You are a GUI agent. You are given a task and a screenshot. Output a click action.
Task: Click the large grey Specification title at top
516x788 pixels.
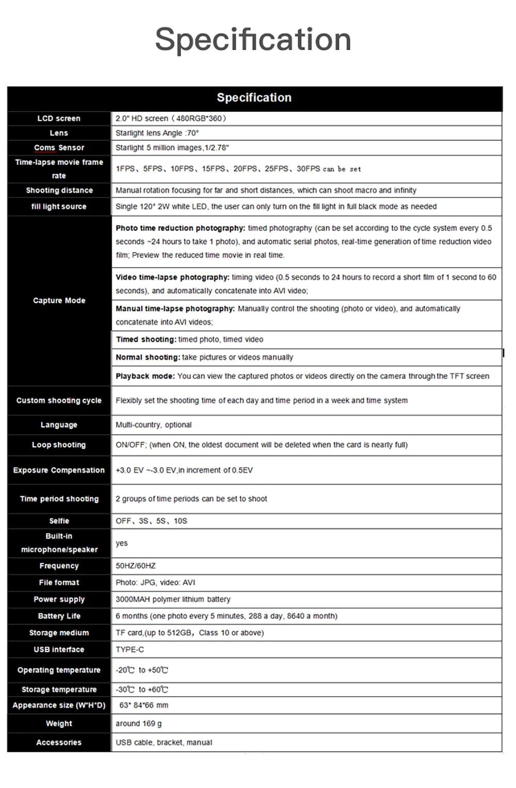click(253, 39)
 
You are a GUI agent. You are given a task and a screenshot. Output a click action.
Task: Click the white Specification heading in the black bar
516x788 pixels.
click(254, 97)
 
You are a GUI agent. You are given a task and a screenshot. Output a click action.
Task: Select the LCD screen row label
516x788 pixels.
click(59, 119)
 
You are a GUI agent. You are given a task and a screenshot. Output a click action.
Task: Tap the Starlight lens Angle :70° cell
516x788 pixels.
click(157, 133)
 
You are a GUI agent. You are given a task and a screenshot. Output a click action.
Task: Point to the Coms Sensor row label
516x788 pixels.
click(59, 147)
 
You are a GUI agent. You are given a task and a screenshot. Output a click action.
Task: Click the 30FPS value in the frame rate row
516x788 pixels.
click(308, 169)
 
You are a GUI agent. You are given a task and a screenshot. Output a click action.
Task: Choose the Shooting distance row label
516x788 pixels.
click(59, 190)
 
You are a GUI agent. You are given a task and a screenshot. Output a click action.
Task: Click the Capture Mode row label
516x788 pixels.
click(59, 301)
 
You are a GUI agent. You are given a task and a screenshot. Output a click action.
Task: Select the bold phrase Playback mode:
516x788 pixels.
click(145, 376)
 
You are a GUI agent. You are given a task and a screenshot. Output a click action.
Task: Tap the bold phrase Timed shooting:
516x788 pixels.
click(146, 339)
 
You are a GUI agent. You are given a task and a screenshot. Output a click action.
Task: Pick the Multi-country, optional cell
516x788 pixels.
click(153, 425)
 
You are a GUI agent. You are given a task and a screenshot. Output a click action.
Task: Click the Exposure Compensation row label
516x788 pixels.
click(59, 470)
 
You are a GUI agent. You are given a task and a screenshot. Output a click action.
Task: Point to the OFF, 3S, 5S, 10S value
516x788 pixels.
click(151, 521)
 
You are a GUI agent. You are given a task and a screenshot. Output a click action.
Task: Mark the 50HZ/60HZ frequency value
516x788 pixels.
click(135, 566)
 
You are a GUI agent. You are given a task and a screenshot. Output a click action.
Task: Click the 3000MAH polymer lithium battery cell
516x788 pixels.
click(173, 599)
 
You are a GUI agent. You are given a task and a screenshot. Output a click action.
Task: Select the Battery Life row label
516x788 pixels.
click(59, 616)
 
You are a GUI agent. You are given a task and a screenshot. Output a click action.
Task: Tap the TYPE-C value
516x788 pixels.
click(130, 650)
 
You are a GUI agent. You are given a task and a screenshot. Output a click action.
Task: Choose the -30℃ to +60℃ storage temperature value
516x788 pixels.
click(142, 689)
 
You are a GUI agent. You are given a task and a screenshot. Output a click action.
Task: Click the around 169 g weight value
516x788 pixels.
click(138, 724)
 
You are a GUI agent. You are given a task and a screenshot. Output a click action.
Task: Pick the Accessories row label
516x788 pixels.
click(59, 743)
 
